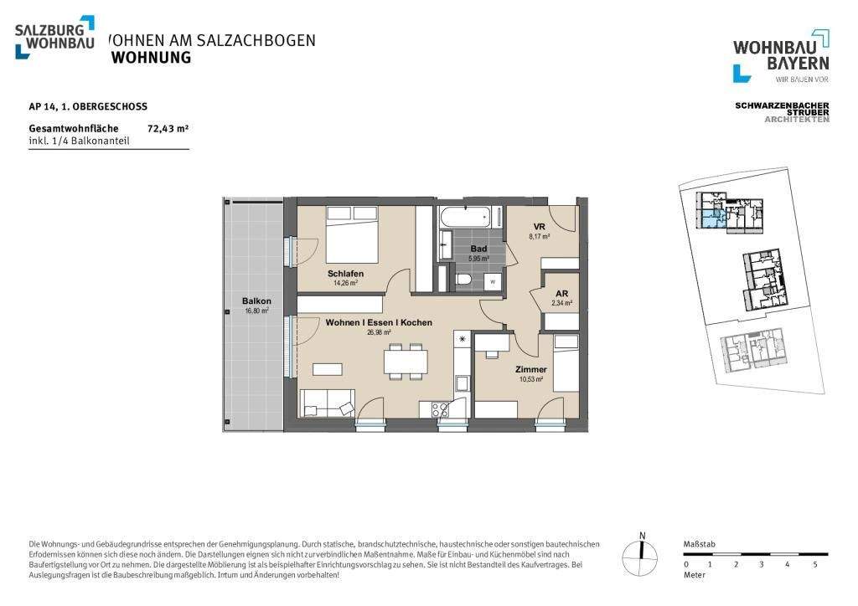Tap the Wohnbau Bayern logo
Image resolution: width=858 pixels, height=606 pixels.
pos(781,55)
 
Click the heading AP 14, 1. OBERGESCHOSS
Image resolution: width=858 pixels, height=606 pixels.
pos(88,106)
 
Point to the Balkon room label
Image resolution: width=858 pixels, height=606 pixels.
pos(256,301)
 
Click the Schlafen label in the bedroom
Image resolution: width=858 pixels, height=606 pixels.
pos(345,274)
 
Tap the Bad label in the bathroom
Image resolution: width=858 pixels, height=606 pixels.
pos(478,249)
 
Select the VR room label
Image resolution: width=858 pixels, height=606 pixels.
pos(540,228)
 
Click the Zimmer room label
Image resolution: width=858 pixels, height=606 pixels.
pos(531,369)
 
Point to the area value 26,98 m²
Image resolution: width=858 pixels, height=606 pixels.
pos(379,332)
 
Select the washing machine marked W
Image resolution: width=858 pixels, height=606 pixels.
pos(492,281)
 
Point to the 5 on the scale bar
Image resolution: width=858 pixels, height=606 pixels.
pos(815,564)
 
